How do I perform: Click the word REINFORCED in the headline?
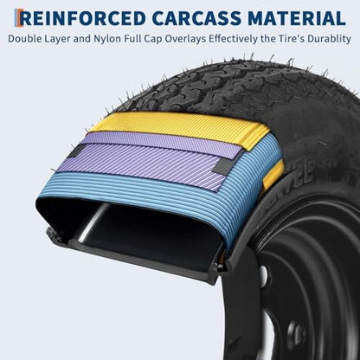click(x=83, y=18)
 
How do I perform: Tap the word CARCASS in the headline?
click(x=196, y=18)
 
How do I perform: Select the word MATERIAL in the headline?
click(x=297, y=18)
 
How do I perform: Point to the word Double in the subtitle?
click(x=25, y=39)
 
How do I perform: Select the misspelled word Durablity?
click(x=329, y=40)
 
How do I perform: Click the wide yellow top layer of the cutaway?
click(x=184, y=127)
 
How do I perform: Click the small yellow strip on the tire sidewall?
click(x=273, y=176)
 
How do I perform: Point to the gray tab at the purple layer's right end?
click(x=223, y=166)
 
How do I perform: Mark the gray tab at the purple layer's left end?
click(x=76, y=151)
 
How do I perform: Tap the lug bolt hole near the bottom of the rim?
click(x=296, y=335)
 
